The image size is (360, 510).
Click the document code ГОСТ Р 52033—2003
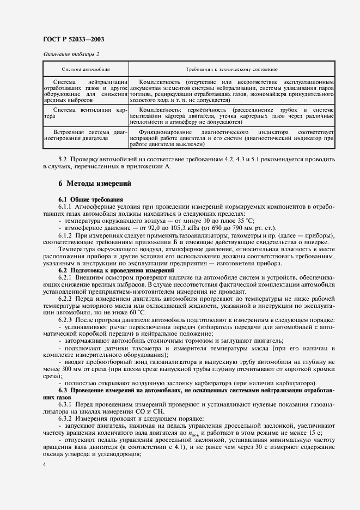[73, 39]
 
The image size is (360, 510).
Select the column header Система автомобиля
[86, 70]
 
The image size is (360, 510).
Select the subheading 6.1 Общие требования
[90, 200]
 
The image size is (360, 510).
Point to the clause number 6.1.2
[66, 235]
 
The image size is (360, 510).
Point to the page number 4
[44, 465]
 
